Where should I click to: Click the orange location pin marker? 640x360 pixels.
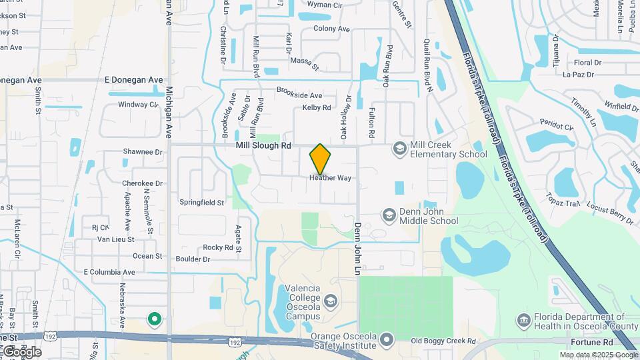click(x=320, y=158)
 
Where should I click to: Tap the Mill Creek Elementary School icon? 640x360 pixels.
click(x=400, y=148)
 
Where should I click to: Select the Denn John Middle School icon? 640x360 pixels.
click(x=389, y=215)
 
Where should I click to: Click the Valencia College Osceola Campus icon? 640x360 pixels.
click(x=330, y=302)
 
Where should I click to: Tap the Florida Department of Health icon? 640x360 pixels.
click(x=524, y=321)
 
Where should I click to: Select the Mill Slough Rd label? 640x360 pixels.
click(x=264, y=145)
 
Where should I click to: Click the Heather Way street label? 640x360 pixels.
click(x=330, y=178)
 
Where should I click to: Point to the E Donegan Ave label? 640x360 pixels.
click(x=134, y=80)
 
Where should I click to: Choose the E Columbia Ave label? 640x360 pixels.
click(x=109, y=272)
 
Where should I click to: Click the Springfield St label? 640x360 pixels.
click(x=201, y=201)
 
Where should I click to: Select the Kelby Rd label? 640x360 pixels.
click(x=317, y=107)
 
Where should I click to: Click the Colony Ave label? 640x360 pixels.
click(x=331, y=29)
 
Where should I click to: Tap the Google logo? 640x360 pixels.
click(x=21, y=351)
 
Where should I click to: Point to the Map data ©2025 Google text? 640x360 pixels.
click(x=599, y=355)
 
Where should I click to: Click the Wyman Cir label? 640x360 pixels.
click(x=324, y=5)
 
